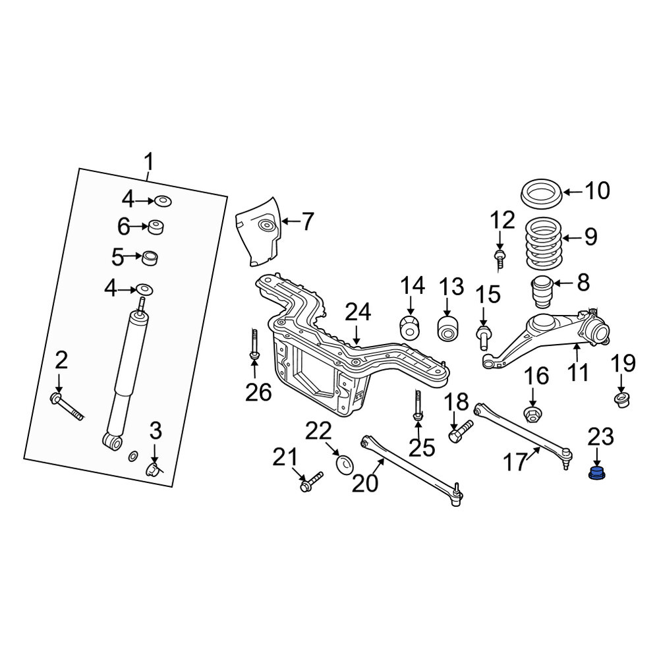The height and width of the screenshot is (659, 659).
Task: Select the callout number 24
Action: pyautogui.click(x=358, y=312)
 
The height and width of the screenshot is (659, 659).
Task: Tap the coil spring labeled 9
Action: pyautogui.click(x=544, y=243)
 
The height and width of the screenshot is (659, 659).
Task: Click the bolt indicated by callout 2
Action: pyautogui.click(x=67, y=407)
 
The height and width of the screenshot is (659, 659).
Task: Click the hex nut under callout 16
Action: pyautogui.click(x=532, y=415)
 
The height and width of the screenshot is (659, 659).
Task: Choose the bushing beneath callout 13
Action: pyautogui.click(x=448, y=328)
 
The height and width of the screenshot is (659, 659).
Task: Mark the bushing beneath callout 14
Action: pyautogui.click(x=409, y=326)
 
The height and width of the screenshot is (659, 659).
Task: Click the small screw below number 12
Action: pyautogui.click(x=500, y=260)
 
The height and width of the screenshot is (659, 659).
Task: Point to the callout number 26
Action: pyautogui.click(x=258, y=393)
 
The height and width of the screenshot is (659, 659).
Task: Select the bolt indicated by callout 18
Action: pyautogui.click(x=461, y=430)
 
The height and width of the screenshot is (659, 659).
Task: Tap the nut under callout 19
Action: pyautogui.click(x=622, y=399)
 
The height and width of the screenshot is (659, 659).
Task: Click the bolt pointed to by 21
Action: pyautogui.click(x=312, y=482)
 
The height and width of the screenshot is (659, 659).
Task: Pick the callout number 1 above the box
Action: pyautogui.click(x=149, y=162)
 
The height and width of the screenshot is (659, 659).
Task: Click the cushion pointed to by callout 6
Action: pyautogui.click(x=156, y=227)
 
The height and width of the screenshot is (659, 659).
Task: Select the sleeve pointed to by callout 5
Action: pyautogui.click(x=150, y=258)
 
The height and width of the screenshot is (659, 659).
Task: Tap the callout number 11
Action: pyautogui.click(x=578, y=372)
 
